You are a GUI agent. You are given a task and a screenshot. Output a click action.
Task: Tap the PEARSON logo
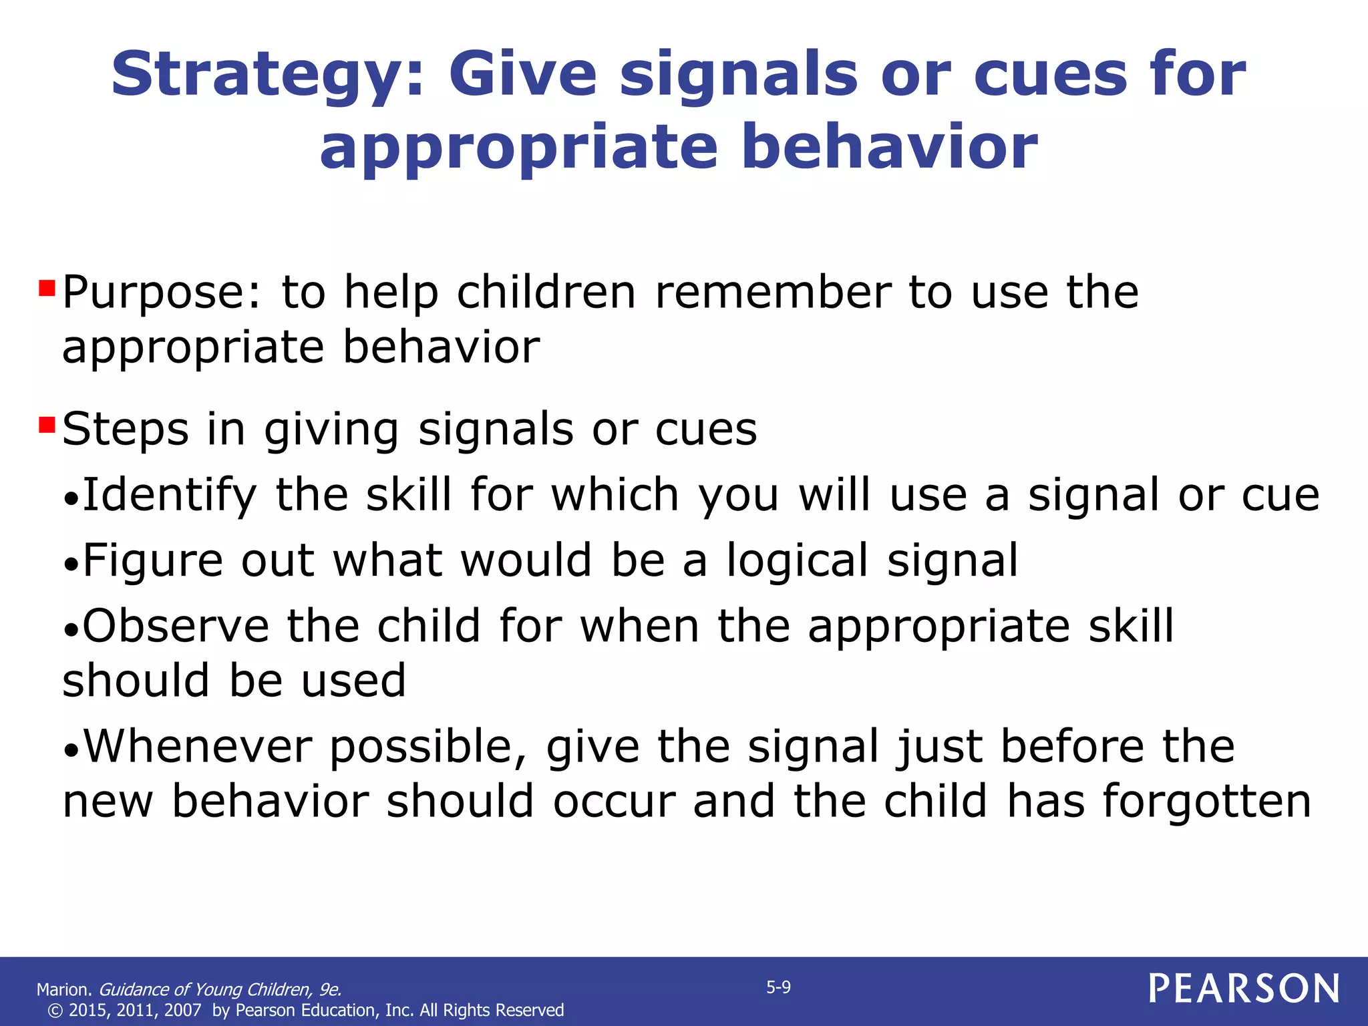pyautogui.click(x=1244, y=988)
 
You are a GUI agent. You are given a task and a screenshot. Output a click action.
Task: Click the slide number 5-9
pyautogui.click(x=778, y=987)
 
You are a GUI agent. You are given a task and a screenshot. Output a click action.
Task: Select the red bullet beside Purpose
pyautogui.click(x=47, y=289)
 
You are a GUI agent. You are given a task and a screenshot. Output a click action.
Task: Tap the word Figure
pyautogui.click(x=152, y=560)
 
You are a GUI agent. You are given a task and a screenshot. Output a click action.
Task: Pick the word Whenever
pyautogui.click(x=198, y=746)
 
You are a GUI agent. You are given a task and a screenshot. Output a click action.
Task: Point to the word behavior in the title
pyautogui.click(x=889, y=147)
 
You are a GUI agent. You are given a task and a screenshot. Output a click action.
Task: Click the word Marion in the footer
pyautogui.click(x=63, y=989)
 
